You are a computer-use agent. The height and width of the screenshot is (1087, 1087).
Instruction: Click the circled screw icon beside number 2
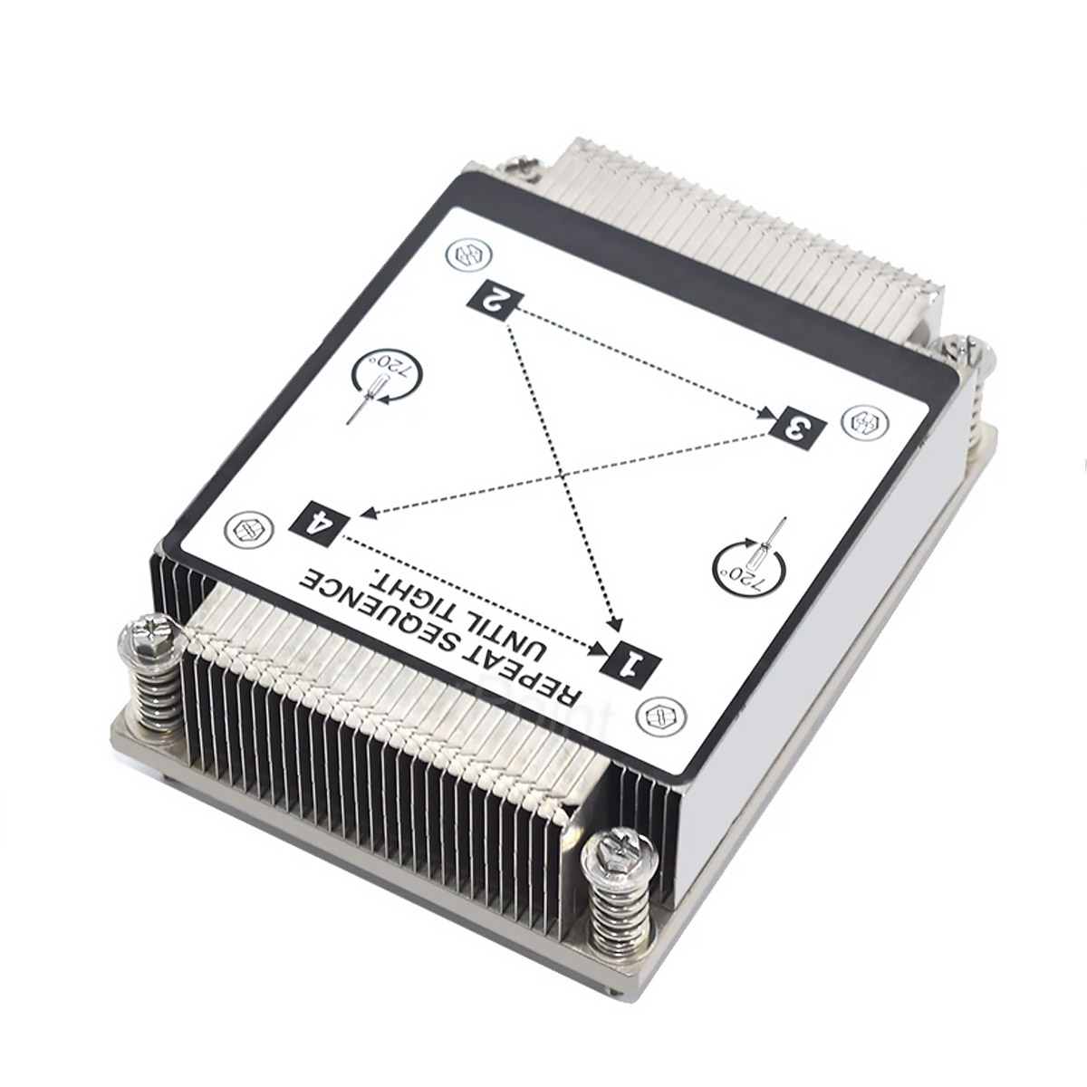(469, 255)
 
